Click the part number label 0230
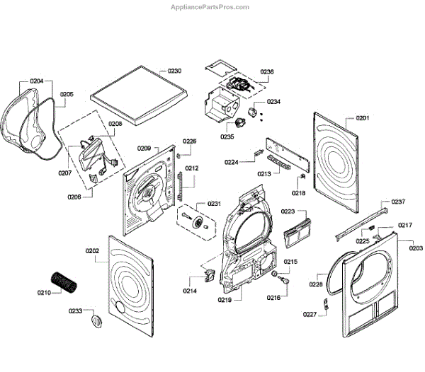[174, 71]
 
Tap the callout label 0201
[363, 117]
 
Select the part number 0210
[44, 291]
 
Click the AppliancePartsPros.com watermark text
[212, 7]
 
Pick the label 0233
[76, 310]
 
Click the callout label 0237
[399, 202]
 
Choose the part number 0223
[288, 211]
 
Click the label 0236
[267, 71]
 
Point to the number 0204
[36, 81]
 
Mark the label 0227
[310, 315]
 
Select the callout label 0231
[214, 204]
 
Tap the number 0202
[92, 250]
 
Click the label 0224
[231, 162]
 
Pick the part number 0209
[144, 149]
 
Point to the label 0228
[315, 284]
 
